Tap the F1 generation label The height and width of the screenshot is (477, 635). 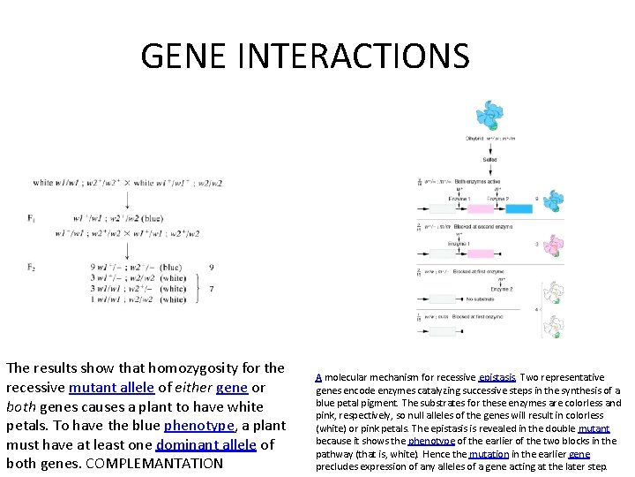[x=32, y=217]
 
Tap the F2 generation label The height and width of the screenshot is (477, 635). [x=32, y=267]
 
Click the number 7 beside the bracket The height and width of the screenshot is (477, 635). [x=211, y=289]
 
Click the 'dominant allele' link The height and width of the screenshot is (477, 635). [x=207, y=444]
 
